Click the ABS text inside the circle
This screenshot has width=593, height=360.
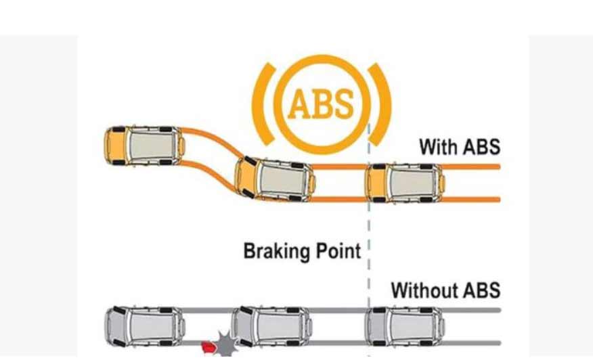(x=321, y=104)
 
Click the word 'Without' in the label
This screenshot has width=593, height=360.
(x=420, y=290)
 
